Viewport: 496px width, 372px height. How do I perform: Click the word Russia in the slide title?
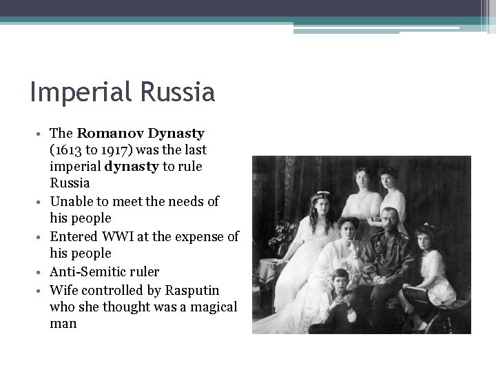pos(180,92)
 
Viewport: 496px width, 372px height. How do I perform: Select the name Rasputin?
pos(192,289)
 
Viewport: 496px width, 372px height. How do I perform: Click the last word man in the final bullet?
pos(63,323)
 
